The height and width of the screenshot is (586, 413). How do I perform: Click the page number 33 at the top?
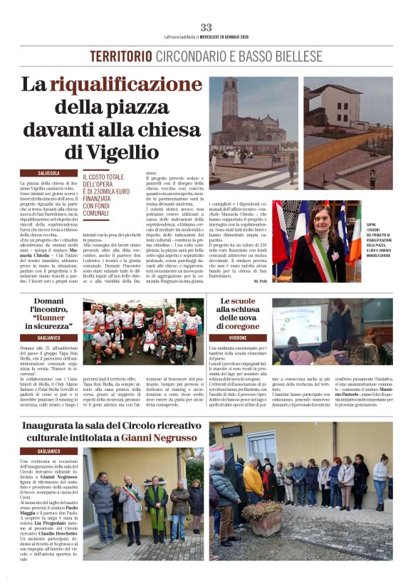[206, 27]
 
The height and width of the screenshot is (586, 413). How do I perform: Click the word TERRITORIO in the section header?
[121, 56]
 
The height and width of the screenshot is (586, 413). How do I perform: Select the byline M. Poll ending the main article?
[259, 282]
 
